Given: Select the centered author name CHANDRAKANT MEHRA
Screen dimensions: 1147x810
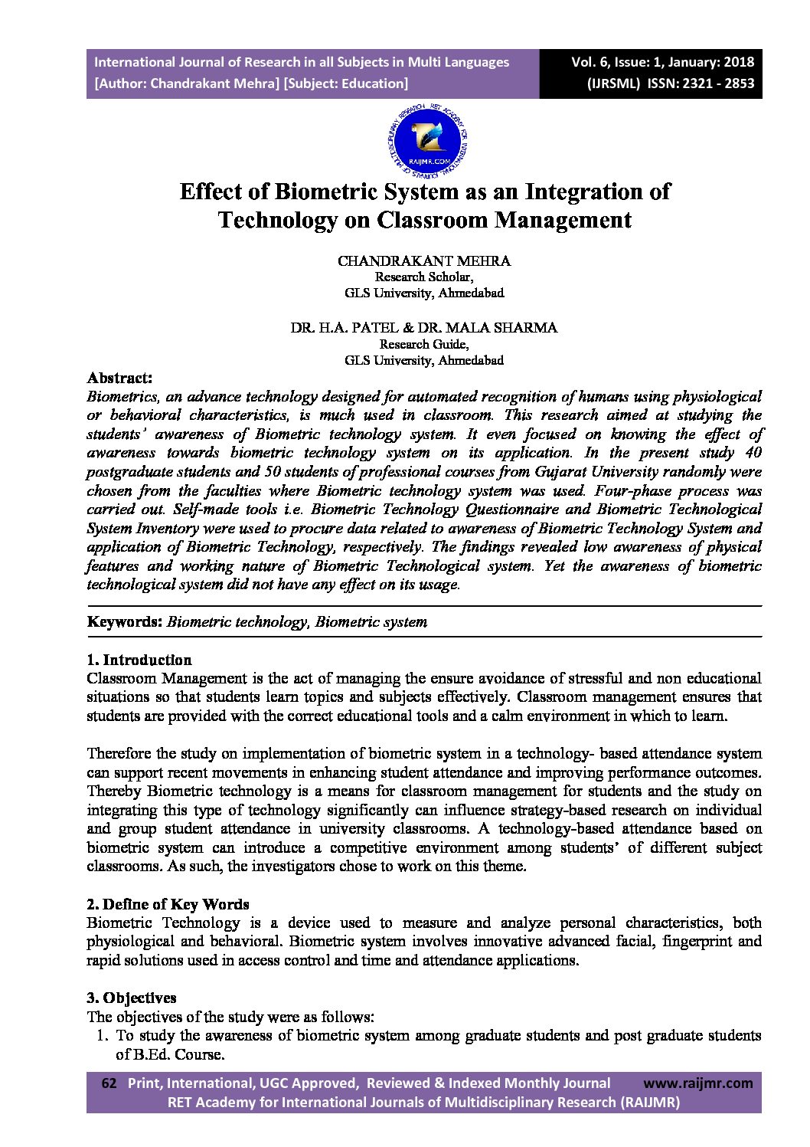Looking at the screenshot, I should (x=424, y=261).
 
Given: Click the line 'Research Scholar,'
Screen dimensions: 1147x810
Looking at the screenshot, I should (x=424, y=277).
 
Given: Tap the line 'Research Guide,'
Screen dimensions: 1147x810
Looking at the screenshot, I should (x=424, y=344).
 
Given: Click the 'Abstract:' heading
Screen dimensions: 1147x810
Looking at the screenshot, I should (x=119, y=378).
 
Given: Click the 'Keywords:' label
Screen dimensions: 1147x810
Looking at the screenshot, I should (x=125, y=621).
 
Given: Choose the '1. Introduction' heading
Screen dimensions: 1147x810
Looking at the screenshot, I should (x=139, y=660).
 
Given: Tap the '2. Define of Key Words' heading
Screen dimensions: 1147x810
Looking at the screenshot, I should (x=168, y=904).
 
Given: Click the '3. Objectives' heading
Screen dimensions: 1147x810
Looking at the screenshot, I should (x=132, y=998).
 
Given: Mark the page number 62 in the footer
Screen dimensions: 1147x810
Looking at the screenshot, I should (x=109, y=1083).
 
